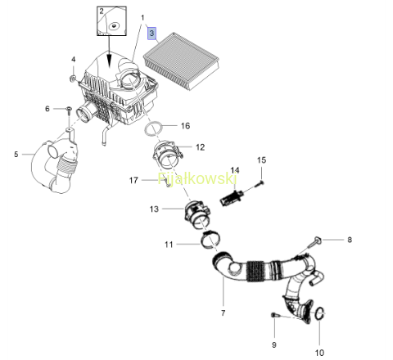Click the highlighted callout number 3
151,34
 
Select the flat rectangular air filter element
181,61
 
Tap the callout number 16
185,126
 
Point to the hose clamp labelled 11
210,240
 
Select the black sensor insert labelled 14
232,198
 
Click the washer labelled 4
74,79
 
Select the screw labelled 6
69,110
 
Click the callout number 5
16,155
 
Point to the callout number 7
224,313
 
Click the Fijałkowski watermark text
197,178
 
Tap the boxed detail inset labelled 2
111,21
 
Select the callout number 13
154,209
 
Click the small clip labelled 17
167,182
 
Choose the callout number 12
201,147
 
